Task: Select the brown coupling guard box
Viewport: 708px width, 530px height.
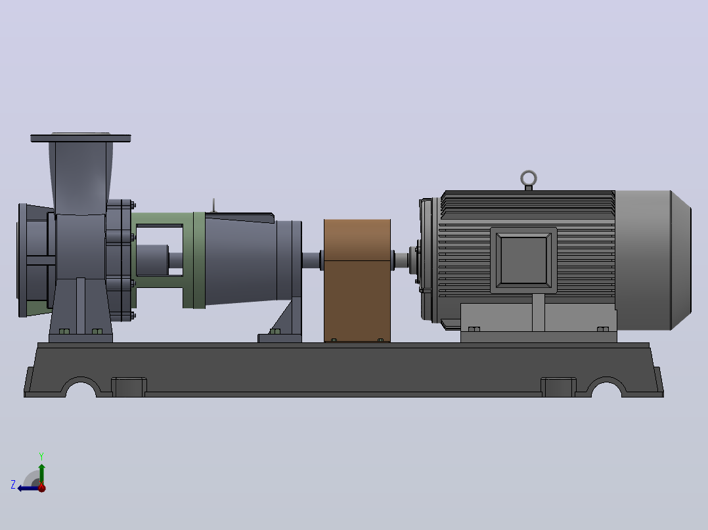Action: pos(357,280)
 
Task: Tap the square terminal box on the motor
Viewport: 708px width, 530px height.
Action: pos(523,260)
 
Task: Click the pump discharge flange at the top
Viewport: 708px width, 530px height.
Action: pos(80,138)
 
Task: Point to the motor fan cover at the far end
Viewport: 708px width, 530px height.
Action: pos(653,260)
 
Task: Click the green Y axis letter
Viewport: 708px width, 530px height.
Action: pos(41,456)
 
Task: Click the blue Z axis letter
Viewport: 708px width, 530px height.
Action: pos(13,485)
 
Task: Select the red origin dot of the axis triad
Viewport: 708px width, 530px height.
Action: pos(41,487)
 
